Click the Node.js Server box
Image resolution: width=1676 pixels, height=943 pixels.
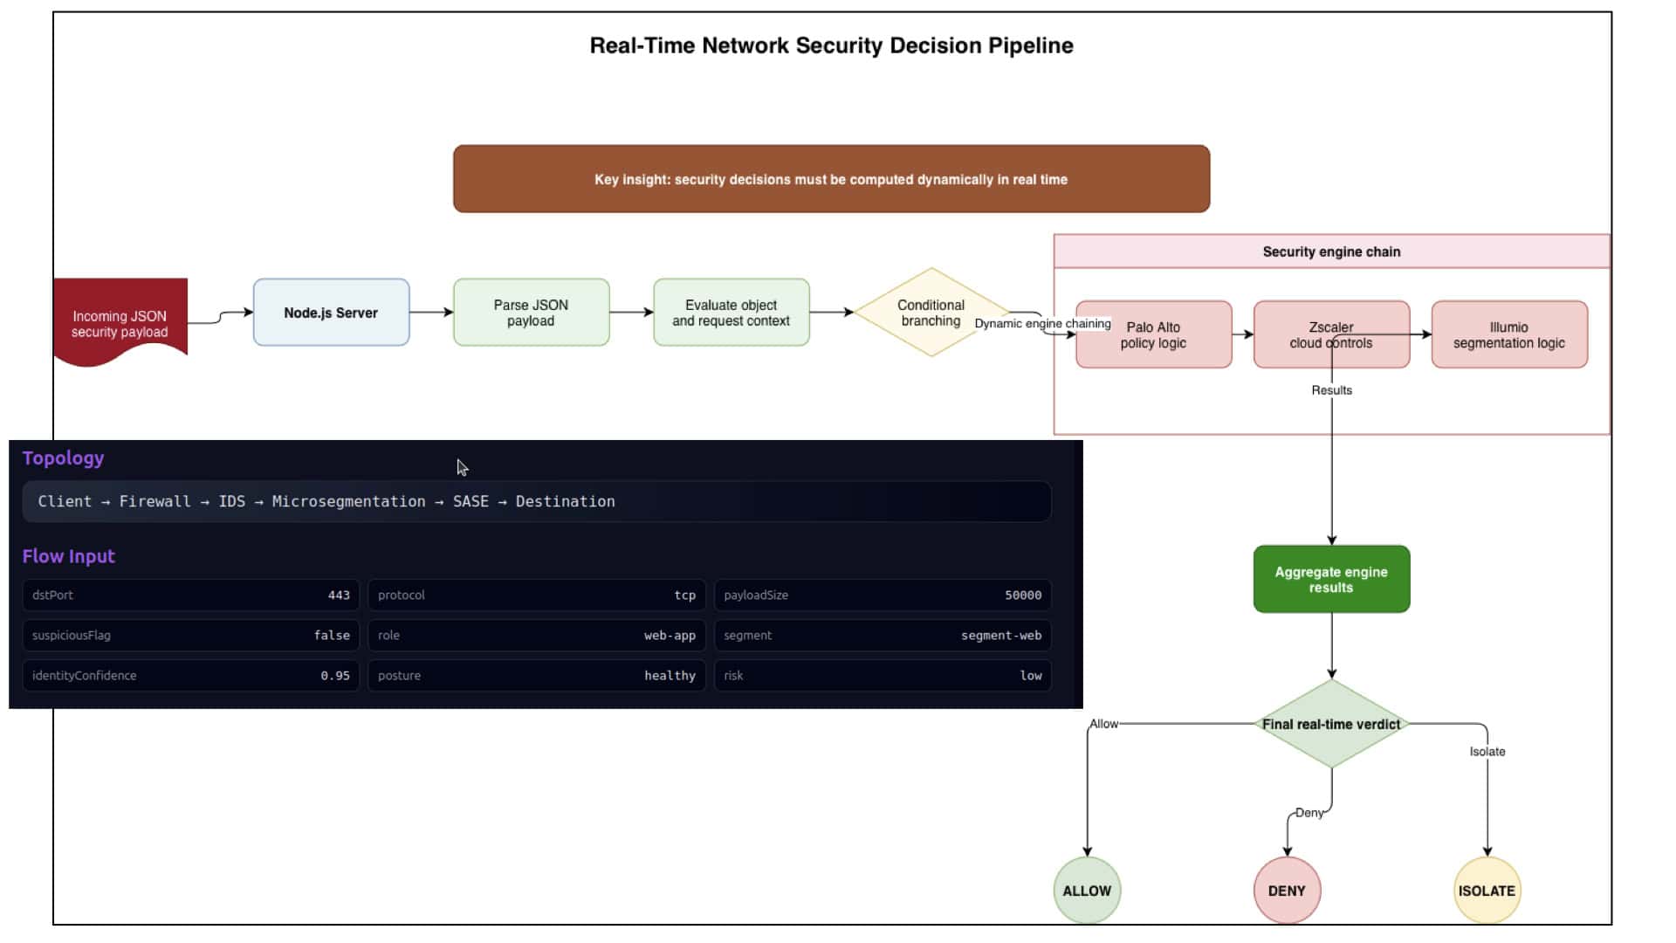point(331,313)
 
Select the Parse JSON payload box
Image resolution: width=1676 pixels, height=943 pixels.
point(531,313)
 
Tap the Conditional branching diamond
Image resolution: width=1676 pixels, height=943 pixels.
point(931,313)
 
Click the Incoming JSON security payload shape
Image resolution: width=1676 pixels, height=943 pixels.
point(120,321)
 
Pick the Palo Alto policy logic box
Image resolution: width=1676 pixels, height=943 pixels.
point(1153,334)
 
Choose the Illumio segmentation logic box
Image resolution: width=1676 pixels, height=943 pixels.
point(1509,334)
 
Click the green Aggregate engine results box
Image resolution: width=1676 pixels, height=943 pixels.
point(1331,579)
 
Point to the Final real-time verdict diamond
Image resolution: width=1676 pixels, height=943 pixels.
point(1331,724)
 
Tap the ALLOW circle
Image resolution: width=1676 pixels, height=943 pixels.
point(1087,891)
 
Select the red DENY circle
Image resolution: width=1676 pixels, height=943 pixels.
point(1287,891)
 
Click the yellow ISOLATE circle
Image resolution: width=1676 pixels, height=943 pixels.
point(1487,891)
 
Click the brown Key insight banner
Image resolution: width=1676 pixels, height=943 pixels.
point(831,179)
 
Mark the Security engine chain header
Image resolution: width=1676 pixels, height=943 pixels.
point(1331,251)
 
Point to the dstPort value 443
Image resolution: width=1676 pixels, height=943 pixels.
point(339,595)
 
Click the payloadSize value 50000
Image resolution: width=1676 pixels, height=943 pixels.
point(1023,595)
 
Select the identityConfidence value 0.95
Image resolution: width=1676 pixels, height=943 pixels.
point(335,676)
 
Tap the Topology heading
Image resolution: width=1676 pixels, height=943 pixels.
point(63,458)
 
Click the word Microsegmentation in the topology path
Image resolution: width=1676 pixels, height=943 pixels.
point(348,501)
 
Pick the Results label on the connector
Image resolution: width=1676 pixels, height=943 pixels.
point(1331,390)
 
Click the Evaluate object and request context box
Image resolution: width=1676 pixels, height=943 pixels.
point(731,313)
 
